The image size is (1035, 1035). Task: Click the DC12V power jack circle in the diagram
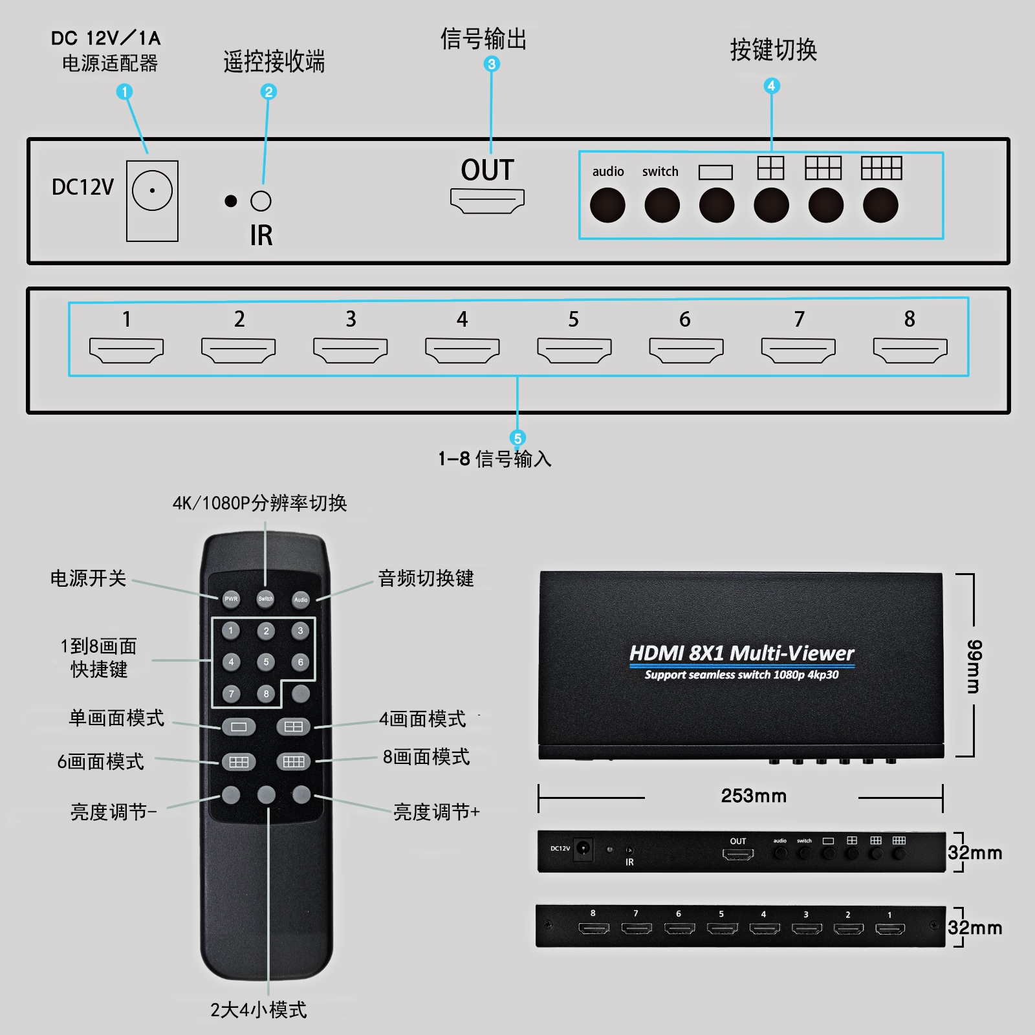pos(152,190)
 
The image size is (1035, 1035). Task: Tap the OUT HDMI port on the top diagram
pos(487,201)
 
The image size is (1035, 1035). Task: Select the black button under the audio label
pos(607,206)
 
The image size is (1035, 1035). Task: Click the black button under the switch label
pos(662,206)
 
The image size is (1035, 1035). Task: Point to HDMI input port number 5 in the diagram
pos(574,350)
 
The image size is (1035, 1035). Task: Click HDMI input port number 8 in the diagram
pos(910,350)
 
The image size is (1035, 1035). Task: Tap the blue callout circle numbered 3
pos(492,64)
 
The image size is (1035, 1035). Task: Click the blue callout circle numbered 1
pos(124,92)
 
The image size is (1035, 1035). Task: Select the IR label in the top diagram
pos(261,235)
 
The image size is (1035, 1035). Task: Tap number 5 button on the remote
pos(266,662)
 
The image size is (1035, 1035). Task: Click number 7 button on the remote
pos(231,693)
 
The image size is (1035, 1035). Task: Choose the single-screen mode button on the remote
pos(239,726)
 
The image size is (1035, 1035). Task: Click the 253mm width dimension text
pos(754,796)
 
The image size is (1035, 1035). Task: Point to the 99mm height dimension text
pos(974,666)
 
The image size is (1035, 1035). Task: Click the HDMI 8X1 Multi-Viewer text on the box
pos(741,653)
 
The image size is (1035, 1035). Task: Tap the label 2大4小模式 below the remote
pos(258,1010)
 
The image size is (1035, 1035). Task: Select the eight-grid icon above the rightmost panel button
pos(881,168)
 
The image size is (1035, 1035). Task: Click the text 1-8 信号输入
pos(495,459)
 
